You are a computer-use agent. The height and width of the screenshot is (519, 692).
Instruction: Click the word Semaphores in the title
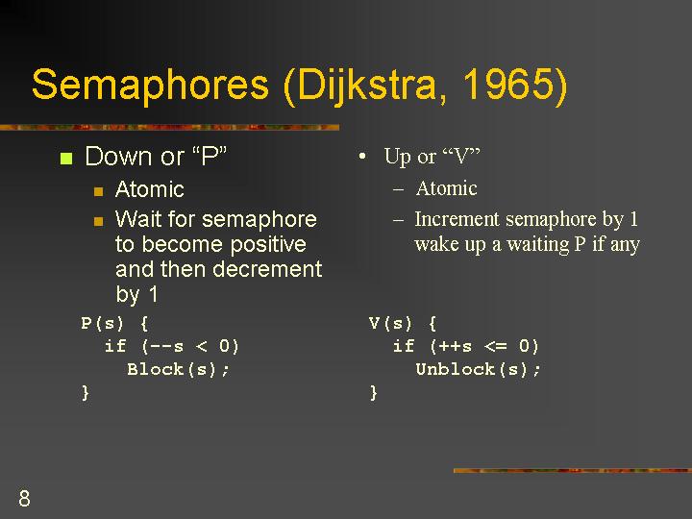pos(150,85)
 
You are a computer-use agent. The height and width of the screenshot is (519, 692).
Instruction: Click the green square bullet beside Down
pos(66,158)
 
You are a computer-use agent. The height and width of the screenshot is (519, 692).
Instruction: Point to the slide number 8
pos(24,498)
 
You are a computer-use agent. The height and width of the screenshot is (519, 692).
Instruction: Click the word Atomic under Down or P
pos(149,189)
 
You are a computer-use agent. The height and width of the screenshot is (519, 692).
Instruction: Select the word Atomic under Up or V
pos(446,188)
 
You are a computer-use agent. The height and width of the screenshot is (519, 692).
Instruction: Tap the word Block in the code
pos(155,369)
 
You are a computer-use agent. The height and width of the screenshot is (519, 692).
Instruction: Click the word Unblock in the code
pos(455,369)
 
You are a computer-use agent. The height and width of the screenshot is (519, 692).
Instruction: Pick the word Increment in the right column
pos(457,219)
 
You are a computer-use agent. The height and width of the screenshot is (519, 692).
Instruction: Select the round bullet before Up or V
pos(362,157)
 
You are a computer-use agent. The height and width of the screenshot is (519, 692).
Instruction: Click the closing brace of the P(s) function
pos(86,392)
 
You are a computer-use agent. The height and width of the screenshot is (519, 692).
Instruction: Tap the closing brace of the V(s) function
pos(373,392)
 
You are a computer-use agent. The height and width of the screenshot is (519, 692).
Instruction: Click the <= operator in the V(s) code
pos(495,346)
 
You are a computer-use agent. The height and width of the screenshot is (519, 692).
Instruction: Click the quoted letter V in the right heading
pos(461,157)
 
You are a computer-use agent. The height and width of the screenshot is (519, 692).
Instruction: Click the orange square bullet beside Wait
pos(98,221)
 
